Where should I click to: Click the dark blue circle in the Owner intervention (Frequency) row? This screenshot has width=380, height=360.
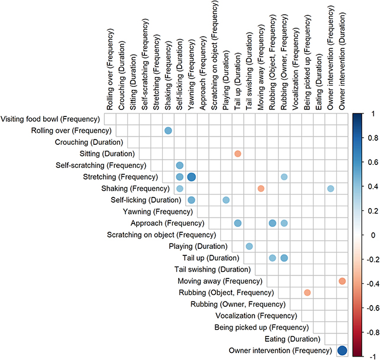pyautogui.click(x=342, y=351)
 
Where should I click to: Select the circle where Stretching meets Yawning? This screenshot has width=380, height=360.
pyautogui.click(x=191, y=177)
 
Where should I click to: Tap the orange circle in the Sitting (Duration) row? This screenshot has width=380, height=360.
pyautogui.click(x=237, y=154)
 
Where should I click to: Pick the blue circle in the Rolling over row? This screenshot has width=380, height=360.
pyautogui.click(x=168, y=131)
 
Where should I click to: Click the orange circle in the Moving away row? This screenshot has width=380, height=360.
pyautogui.click(x=342, y=281)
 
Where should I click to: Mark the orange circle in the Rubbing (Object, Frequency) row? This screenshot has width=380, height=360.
pyautogui.click(x=307, y=293)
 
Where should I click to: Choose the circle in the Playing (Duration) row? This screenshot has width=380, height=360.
pyautogui.click(x=249, y=246)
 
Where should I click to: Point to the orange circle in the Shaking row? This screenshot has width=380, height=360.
pyautogui.click(x=260, y=189)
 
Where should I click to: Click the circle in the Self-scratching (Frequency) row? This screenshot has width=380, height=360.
pyautogui.click(x=180, y=166)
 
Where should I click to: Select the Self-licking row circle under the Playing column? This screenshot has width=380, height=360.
pyautogui.click(x=226, y=200)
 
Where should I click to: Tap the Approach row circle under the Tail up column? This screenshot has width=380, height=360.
pyautogui.click(x=237, y=223)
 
